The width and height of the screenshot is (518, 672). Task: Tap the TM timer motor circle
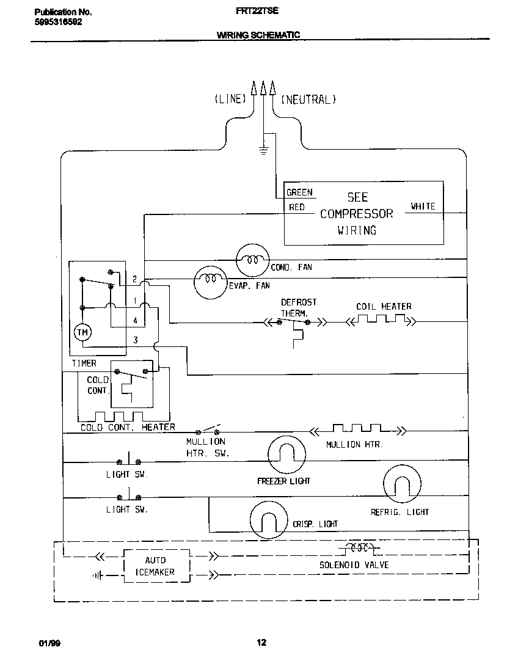82,332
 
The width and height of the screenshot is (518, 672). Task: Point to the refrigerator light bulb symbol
401,484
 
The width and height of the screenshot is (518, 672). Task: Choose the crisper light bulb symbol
268,519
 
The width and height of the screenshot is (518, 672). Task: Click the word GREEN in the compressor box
299,192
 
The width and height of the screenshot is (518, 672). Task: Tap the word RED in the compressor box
296,207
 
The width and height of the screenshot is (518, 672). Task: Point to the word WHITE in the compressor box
423,206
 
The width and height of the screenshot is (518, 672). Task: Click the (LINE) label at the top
230,99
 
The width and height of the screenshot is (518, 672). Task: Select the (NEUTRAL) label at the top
308,99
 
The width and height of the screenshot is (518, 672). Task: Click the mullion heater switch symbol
208,429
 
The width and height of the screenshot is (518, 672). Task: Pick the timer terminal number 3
135,340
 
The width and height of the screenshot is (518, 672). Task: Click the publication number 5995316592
59,21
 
